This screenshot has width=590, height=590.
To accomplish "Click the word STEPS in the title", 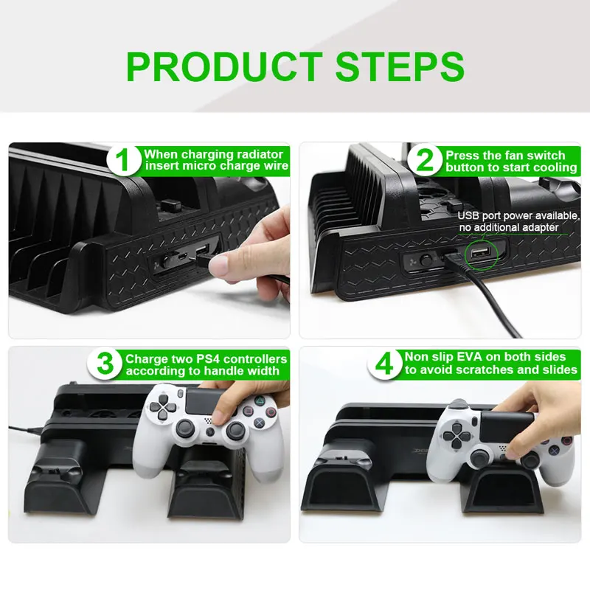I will [x=400, y=66].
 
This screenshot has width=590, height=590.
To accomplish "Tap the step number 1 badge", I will [x=125, y=162].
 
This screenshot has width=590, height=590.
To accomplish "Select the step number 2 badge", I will [x=426, y=162].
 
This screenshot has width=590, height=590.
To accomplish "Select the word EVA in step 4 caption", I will [x=478, y=357].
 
